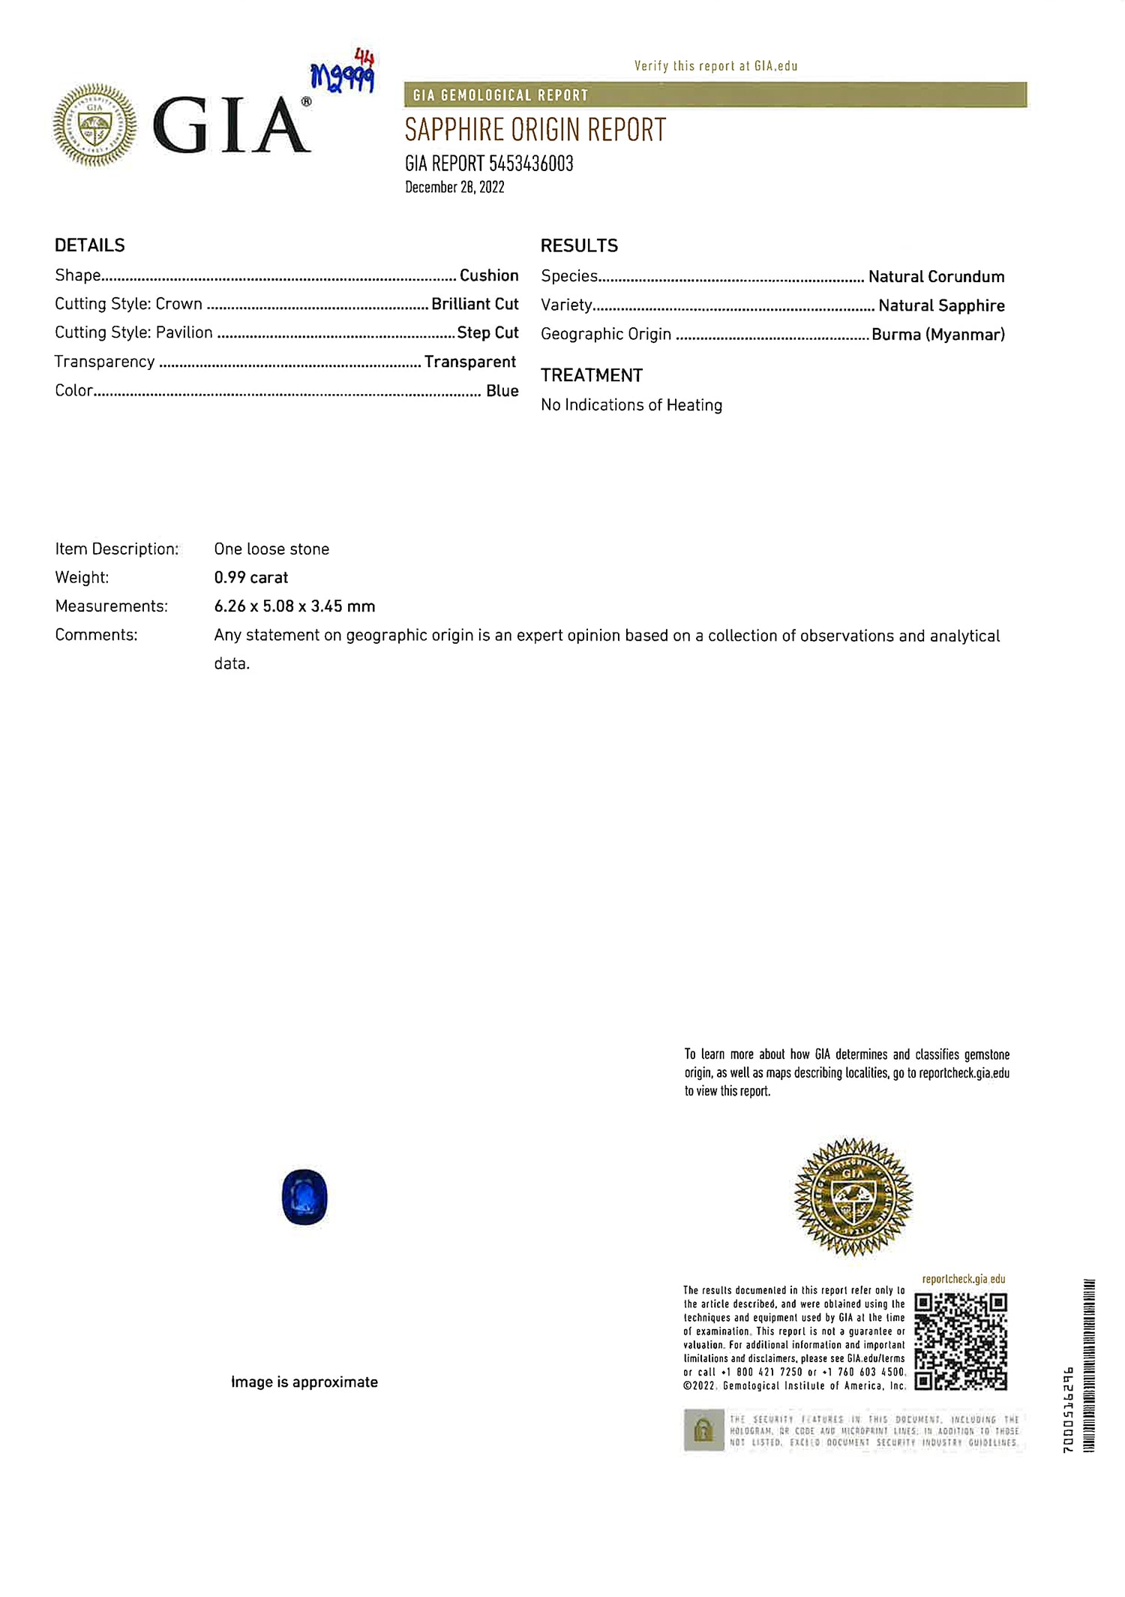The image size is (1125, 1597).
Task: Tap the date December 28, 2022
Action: click(x=454, y=188)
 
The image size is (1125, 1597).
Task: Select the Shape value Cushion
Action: click(x=489, y=275)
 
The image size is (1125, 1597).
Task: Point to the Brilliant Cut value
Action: click(x=475, y=304)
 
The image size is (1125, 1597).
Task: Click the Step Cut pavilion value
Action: click(x=487, y=332)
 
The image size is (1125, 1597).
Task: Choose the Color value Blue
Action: click(x=502, y=390)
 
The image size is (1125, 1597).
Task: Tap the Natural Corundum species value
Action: click(x=936, y=276)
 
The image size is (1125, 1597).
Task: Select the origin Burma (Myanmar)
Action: click(x=937, y=334)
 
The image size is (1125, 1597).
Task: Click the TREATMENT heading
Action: click(x=592, y=375)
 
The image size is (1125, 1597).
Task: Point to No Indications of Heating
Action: click(x=631, y=405)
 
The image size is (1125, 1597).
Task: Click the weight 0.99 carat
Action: click(x=251, y=577)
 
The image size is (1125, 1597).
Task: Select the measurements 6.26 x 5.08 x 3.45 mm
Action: click(x=295, y=606)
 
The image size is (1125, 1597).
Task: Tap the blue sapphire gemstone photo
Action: click(x=304, y=1196)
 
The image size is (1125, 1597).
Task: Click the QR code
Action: click(x=961, y=1341)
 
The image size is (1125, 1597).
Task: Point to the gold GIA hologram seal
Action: click(x=853, y=1196)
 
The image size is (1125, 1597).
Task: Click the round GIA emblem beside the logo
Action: click(x=94, y=125)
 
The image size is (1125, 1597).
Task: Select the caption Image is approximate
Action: click(x=304, y=1382)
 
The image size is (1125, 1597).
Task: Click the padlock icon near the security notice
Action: click(x=703, y=1430)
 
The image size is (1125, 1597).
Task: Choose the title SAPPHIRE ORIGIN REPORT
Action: click(x=535, y=131)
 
